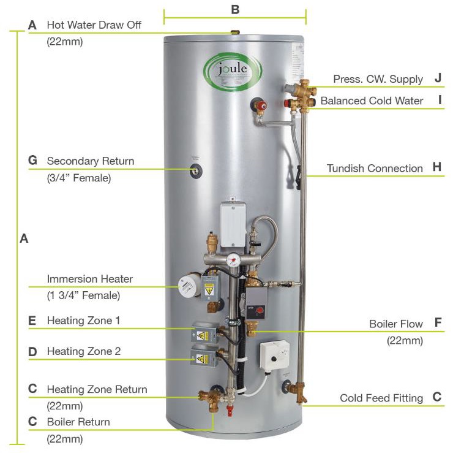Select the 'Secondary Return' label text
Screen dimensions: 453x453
coord(91,161)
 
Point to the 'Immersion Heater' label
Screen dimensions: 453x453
coord(90,279)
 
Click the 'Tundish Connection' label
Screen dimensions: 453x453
coord(375,168)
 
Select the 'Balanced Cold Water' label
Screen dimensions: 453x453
coord(372,101)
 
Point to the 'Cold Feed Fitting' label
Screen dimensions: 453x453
coord(381,398)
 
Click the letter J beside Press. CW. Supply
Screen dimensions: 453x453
coord(438,78)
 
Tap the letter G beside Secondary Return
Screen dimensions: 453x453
coord(33,161)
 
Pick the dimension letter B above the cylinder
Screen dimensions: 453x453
coord(234,10)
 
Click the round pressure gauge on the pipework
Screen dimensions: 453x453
coord(233,259)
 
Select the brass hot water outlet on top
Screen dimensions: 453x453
coord(233,31)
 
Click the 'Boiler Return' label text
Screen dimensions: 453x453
coord(78,422)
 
